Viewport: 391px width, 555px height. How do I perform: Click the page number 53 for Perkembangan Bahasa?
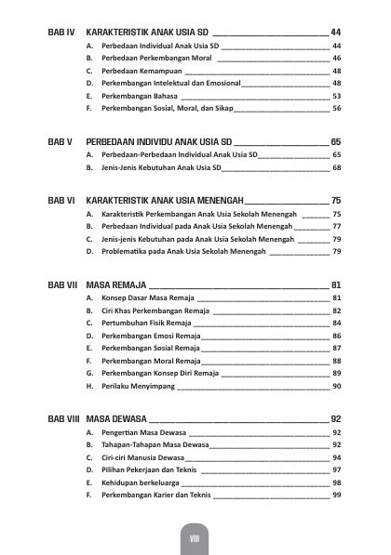click(337, 96)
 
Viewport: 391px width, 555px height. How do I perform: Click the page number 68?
click(337, 167)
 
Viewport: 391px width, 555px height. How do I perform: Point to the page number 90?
click(337, 386)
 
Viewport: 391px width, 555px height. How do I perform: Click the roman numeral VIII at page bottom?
click(195, 538)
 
